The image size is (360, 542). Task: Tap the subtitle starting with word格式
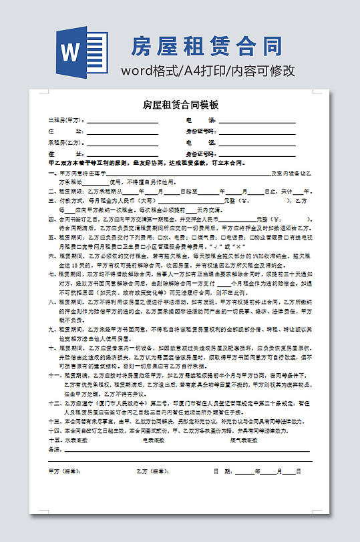[207, 71]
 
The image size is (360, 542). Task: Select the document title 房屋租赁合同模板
[180, 105]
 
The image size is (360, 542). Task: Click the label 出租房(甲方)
[65, 121]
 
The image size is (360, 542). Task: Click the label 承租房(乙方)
[65, 143]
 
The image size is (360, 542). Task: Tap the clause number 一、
[53, 174]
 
